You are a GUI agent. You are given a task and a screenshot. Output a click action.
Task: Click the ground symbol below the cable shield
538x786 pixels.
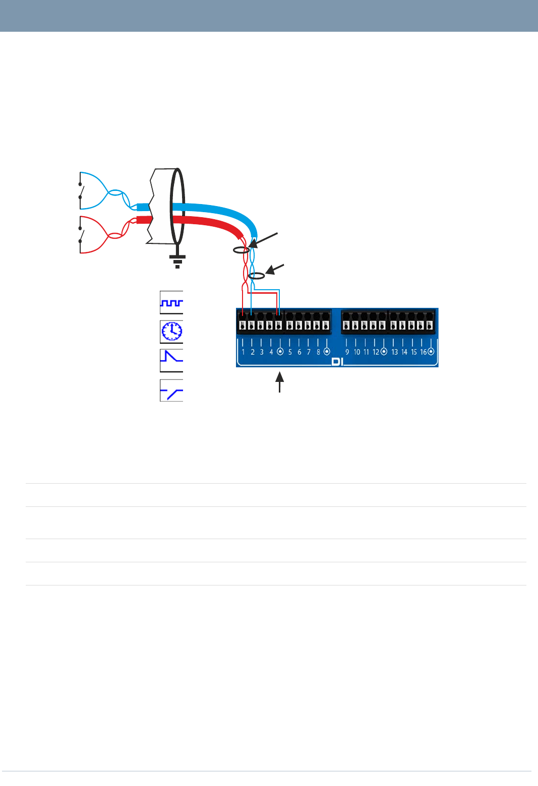coord(177,261)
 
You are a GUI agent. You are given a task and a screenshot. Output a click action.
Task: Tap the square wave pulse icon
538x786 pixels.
coord(171,302)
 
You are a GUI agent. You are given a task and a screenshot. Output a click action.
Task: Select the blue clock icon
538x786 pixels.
coord(171,331)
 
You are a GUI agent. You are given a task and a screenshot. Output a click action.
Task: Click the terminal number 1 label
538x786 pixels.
coord(243,352)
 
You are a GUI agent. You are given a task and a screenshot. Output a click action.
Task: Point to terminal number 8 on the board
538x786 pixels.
coord(318,352)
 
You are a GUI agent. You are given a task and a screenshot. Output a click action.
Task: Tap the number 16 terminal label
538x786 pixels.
coord(424,352)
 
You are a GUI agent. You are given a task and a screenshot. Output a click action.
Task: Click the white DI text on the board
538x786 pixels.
coord(337,362)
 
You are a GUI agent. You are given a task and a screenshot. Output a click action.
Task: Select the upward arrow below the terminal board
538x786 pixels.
coord(279,381)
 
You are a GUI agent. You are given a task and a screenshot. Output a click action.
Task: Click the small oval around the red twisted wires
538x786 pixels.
coord(241,250)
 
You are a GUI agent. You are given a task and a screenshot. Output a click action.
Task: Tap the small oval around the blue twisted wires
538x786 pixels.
coord(257,276)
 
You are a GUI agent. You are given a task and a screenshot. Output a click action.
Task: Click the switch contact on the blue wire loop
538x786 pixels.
coord(81,191)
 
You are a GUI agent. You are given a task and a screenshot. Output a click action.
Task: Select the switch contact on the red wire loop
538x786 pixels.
coord(81,235)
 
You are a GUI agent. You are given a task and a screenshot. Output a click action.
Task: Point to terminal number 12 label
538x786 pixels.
coord(376,352)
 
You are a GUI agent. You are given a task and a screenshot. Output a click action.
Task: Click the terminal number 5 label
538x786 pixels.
coord(290,352)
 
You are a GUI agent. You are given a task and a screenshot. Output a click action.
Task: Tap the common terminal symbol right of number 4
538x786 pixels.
coord(280,352)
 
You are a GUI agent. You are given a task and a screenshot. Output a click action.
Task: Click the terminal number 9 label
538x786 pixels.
coord(347,352)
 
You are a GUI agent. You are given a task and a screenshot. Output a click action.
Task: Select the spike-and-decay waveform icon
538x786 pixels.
coord(171,360)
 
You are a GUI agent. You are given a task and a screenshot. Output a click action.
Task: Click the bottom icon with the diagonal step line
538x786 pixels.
coord(171,390)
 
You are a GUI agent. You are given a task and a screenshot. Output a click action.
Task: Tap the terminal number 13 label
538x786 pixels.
coord(394,352)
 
